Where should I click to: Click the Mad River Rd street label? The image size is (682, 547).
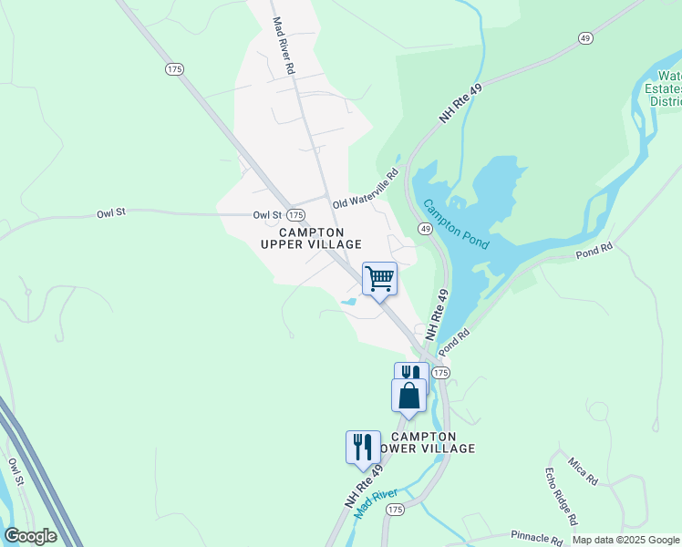[283, 46]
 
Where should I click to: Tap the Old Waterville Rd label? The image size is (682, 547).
[367, 190]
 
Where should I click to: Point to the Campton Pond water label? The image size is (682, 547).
[457, 225]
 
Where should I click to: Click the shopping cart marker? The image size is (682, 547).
[379, 277]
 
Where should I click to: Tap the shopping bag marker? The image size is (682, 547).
[408, 397]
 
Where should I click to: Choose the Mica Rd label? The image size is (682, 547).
[581, 472]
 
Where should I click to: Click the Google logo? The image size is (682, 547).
[30, 536]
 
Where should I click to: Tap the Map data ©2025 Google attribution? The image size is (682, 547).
[625, 540]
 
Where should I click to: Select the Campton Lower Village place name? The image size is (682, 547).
[432, 442]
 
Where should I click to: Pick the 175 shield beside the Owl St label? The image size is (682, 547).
[294, 214]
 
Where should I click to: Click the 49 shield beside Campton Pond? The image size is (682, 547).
[426, 229]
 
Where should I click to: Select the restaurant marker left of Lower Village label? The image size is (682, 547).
[363, 447]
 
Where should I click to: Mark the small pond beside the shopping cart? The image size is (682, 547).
[348, 302]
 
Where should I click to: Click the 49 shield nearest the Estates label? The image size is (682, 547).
[585, 37]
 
